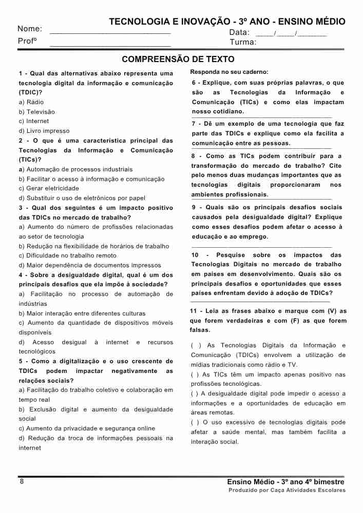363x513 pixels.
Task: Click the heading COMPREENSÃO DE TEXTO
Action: tap(178, 60)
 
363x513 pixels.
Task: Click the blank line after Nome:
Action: tap(110, 32)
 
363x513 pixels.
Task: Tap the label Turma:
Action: tap(243, 42)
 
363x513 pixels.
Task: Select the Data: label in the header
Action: tap(239, 32)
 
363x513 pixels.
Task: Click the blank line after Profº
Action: tap(110, 45)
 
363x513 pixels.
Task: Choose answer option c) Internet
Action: tap(34, 122)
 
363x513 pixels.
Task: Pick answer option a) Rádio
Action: tap(31, 102)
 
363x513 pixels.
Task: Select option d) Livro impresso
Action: tap(44, 131)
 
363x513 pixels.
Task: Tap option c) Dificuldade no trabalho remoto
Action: tap(67, 255)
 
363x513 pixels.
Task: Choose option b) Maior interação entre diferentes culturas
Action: tap(82, 313)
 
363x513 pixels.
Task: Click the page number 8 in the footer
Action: tap(22, 482)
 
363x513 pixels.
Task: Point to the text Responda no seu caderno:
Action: tap(229, 72)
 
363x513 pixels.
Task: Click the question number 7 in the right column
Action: tap(194, 124)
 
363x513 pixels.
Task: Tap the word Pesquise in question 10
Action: tap(231, 255)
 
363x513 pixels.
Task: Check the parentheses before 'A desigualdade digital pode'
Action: tap(194, 393)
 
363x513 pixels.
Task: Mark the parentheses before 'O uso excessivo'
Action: tap(194, 422)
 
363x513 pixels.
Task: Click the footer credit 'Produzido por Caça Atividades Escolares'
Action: tap(286, 490)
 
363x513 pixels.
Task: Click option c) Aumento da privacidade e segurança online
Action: tap(87, 428)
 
